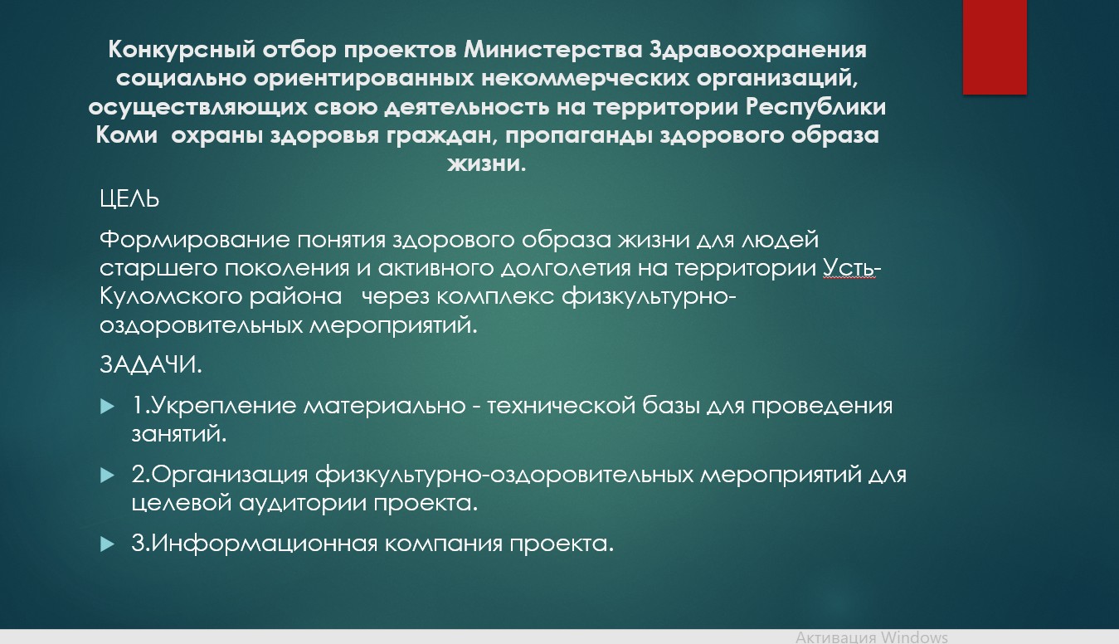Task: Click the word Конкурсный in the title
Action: click(x=182, y=51)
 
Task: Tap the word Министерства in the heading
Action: click(x=553, y=50)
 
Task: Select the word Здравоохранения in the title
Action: click(x=758, y=51)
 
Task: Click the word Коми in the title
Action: click(x=126, y=135)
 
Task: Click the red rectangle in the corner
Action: click(x=995, y=47)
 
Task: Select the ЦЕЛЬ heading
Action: click(x=129, y=199)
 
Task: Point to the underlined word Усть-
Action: click(x=852, y=268)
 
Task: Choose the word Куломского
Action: click(x=170, y=297)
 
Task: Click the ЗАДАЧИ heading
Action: click(x=151, y=365)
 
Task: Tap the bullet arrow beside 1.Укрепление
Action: click(x=107, y=406)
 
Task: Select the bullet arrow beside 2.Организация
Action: click(x=107, y=475)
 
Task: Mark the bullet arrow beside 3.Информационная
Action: click(x=107, y=544)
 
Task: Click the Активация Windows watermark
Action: click(x=872, y=637)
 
